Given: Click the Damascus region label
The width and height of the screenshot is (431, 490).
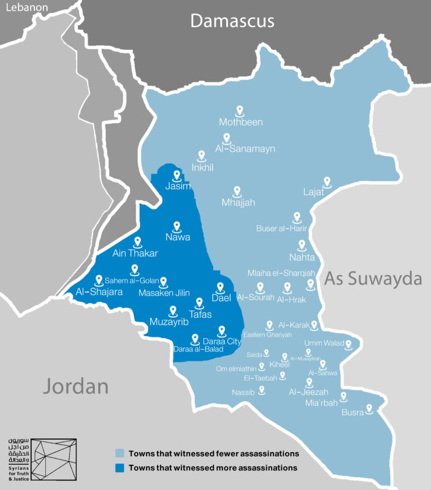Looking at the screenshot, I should tap(232, 21).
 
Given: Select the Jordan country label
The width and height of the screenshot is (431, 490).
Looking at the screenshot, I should tap(75, 386).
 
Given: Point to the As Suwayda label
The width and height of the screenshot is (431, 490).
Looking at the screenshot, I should tap(373, 279).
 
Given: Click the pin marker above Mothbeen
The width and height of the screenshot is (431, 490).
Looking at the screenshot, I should tap(241, 110).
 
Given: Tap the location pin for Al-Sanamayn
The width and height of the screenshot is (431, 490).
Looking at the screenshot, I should tap(227, 138).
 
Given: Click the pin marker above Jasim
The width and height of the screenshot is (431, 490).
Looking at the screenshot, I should tap(177, 175).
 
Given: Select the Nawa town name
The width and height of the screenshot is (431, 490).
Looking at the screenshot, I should tap(178, 237).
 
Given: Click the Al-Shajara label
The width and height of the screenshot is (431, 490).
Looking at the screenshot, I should tap(99, 292).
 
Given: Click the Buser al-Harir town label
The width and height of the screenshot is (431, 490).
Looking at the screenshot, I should tap(281, 228).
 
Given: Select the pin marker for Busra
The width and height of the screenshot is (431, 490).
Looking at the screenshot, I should tap(369, 408).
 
